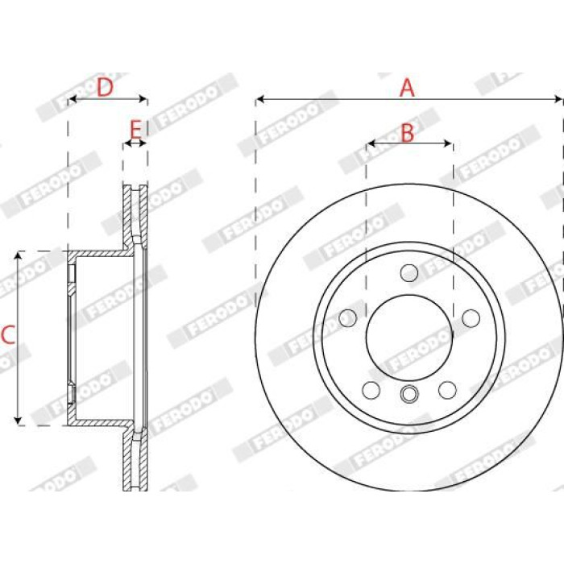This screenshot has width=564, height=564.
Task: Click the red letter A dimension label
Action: (407, 87)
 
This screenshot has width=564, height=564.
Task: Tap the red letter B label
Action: (407, 132)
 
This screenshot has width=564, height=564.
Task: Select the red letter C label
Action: (8, 334)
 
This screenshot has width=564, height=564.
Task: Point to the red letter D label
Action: (105, 87)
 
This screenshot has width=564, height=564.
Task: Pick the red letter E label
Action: (135, 131)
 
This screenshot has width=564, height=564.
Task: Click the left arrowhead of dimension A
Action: (259, 99)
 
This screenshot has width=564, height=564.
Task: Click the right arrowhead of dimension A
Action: (558, 99)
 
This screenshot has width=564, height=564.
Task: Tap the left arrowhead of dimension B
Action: (371, 143)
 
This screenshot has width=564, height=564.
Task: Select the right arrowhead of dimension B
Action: (449, 143)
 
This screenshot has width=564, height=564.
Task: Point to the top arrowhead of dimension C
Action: (18, 255)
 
